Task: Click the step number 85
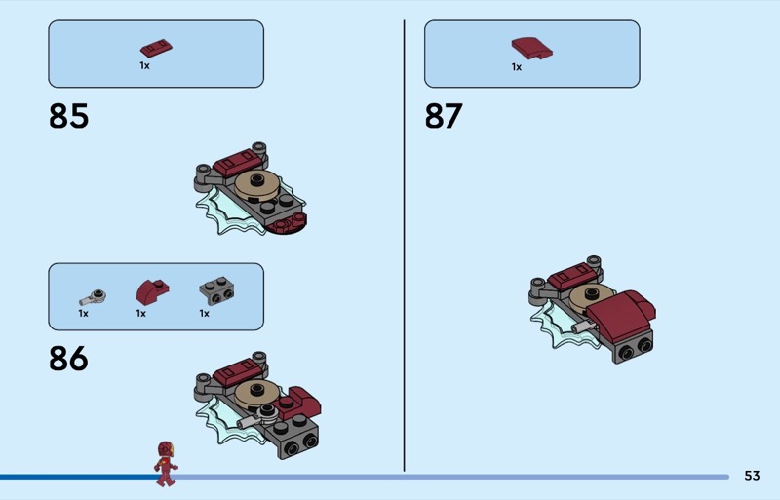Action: (68, 116)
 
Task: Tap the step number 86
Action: (68, 359)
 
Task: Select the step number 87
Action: (444, 116)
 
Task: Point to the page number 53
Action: (752, 476)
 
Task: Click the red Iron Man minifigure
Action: (166, 463)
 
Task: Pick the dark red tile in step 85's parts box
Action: (156, 48)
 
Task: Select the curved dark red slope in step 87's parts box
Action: (531, 49)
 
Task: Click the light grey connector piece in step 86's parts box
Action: (93, 297)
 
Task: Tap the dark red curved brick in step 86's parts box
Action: (152, 292)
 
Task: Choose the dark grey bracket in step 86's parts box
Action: (216, 290)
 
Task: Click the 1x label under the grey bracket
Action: (204, 314)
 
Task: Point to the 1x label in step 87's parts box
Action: (517, 67)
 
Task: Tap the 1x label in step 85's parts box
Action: (144, 65)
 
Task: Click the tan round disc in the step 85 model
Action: (257, 185)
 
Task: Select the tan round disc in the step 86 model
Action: (256, 395)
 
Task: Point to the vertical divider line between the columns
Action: (404, 246)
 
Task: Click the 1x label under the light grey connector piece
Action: (83, 314)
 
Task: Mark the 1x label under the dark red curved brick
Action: (140, 314)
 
